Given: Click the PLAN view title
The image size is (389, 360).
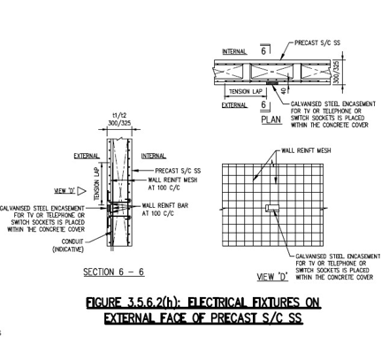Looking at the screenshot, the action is tap(271, 119).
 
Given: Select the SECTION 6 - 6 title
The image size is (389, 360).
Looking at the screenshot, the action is tap(114, 272).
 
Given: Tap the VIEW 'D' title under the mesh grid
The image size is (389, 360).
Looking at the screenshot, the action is tap(272, 277).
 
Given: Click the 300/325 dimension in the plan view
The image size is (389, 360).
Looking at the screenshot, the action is tap(337, 72).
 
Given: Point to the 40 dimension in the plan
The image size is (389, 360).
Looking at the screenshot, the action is tap(284, 90).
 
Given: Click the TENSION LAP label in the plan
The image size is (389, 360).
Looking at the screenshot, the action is tap(246, 92).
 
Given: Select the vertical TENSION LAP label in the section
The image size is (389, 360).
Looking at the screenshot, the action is tap(97, 184).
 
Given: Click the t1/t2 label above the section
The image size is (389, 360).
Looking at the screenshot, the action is tap(119, 115).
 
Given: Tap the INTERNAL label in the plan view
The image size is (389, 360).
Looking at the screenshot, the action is tap(234, 51).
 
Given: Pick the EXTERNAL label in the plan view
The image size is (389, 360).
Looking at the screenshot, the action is tap(234, 105).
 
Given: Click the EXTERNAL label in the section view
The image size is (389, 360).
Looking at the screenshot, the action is tap(87, 156).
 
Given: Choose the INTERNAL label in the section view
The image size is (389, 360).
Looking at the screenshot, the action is tap(154, 156).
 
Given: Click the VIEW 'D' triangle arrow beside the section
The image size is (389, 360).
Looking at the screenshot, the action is tap(81, 191).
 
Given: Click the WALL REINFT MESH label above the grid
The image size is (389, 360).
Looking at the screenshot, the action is tap(306, 150).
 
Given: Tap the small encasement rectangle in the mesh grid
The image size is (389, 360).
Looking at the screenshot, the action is tap(271, 208).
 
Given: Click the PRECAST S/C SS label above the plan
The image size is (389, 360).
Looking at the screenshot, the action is tap(317, 43).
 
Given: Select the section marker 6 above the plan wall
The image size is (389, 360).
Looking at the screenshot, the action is tap(263, 51).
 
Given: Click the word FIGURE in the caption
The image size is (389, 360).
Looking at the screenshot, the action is tap(103, 303).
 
